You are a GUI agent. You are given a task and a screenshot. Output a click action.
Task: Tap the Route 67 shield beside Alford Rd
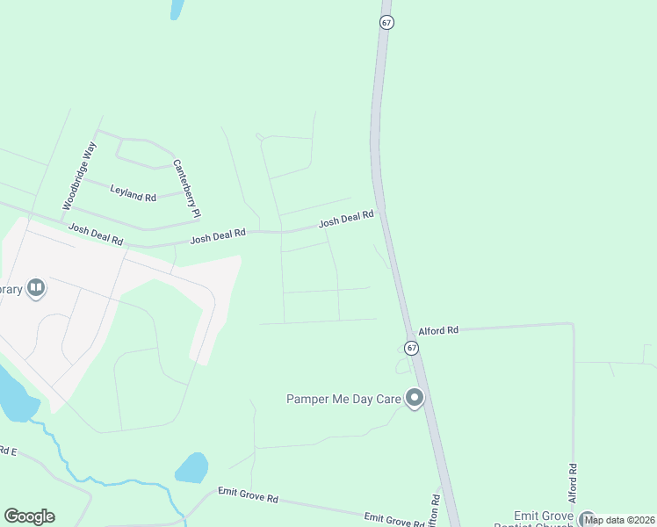(x=412, y=348)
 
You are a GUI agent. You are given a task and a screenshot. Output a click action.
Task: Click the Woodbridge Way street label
(x=77, y=176)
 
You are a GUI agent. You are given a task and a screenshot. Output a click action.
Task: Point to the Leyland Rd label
(x=133, y=192)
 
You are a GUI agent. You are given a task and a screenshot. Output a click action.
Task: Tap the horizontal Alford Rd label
(x=438, y=330)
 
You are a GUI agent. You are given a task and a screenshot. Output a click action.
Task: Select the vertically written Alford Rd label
(x=573, y=484)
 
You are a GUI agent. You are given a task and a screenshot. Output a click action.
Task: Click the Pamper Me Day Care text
(x=343, y=399)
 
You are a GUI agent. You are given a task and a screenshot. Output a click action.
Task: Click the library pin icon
(x=36, y=287)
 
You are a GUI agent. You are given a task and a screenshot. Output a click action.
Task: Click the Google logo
(x=29, y=516)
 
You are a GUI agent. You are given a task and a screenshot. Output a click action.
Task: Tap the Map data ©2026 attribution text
(x=619, y=520)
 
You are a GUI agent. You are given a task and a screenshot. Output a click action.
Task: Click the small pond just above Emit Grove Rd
(x=191, y=467)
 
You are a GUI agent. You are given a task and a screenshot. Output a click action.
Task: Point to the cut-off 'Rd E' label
(x=8, y=451)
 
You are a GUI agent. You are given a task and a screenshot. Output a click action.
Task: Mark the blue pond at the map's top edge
(x=177, y=8)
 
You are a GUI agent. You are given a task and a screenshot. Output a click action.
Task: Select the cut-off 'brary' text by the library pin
(x=11, y=289)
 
